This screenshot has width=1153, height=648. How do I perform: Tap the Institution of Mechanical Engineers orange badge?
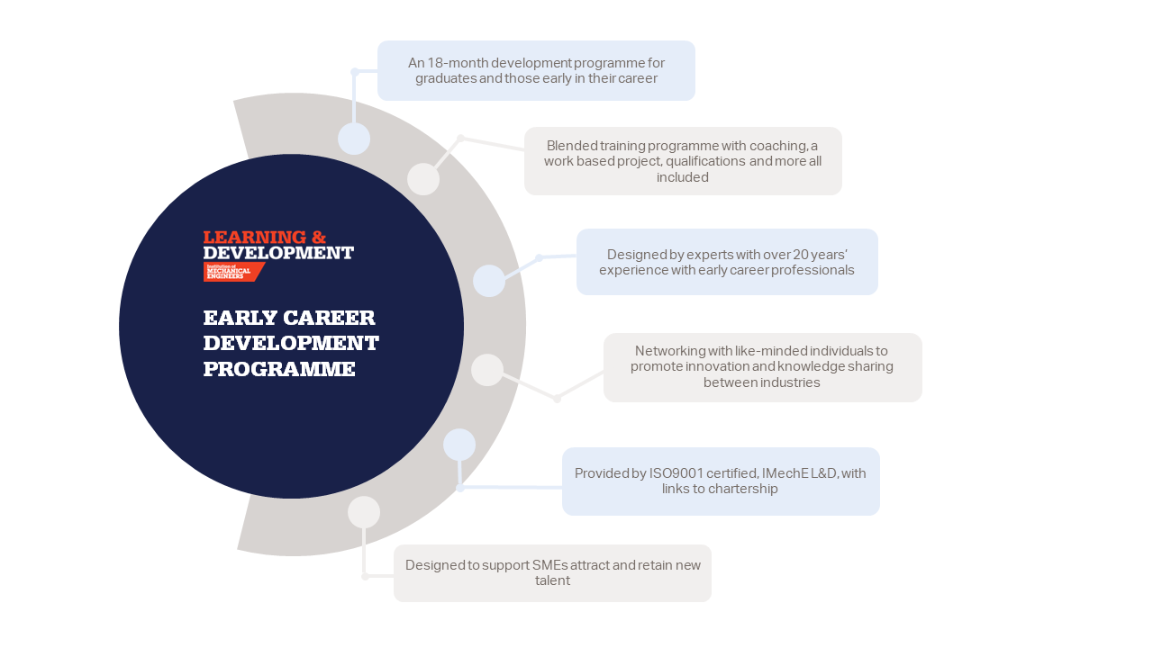(x=234, y=272)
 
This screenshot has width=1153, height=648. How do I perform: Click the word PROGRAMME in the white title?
(x=279, y=369)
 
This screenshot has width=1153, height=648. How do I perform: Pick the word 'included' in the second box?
(x=683, y=177)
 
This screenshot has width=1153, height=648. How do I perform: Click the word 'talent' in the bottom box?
(x=552, y=580)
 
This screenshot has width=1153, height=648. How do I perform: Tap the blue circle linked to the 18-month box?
(x=354, y=139)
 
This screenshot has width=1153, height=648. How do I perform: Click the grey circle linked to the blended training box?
(x=423, y=179)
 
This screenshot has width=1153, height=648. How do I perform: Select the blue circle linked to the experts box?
(x=489, y=281)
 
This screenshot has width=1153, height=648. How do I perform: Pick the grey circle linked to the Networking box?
(x=487, y=370)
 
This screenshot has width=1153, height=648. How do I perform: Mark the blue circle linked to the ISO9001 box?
(x=459, y=445)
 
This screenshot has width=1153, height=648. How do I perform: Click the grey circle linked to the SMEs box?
(x=364, y=512)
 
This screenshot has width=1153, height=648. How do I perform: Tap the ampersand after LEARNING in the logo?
(x=319, y=237)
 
